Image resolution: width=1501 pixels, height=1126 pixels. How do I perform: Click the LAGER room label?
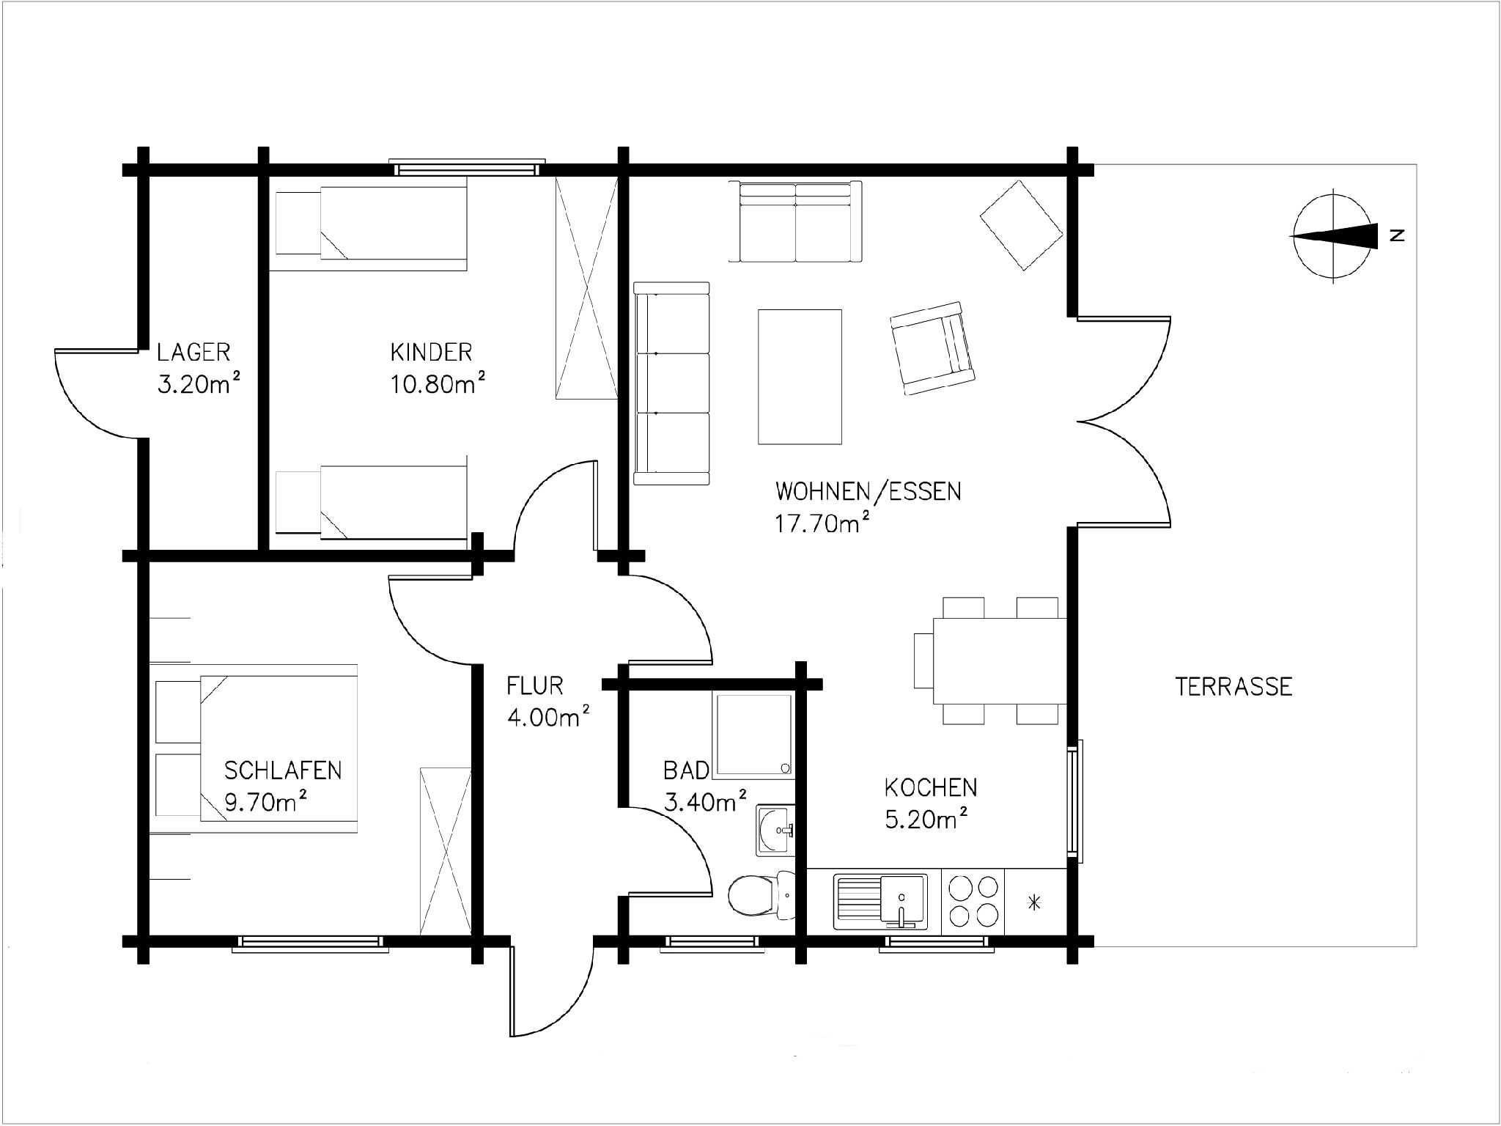coord(193,353)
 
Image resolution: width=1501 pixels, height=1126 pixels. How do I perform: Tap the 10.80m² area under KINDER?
coord(438,383)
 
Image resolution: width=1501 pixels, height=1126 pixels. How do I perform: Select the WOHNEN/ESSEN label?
coord(868,491)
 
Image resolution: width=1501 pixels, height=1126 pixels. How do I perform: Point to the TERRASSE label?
coord(1233,687)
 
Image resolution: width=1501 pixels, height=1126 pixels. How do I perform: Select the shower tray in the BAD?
coord(753,734)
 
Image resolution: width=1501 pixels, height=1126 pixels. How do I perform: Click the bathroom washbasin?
coord(775,831)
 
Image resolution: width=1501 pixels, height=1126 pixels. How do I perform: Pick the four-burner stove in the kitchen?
coord(973,902)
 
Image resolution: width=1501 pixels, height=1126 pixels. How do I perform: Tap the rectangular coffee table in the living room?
coord(800,377)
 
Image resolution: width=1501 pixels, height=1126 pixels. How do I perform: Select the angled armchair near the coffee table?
coord(932,347)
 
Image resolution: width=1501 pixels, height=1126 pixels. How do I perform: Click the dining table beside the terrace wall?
coord(1000,660)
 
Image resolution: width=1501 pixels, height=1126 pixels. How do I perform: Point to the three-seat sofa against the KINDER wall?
coord(671,383)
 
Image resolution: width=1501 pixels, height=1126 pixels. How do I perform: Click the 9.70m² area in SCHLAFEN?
coord(265,802)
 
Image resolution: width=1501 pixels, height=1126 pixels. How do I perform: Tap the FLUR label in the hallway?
coord(535,686)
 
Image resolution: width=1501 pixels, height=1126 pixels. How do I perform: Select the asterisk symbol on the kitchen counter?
coord(1034,902)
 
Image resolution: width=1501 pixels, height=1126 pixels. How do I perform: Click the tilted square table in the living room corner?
coord(1022,224)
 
